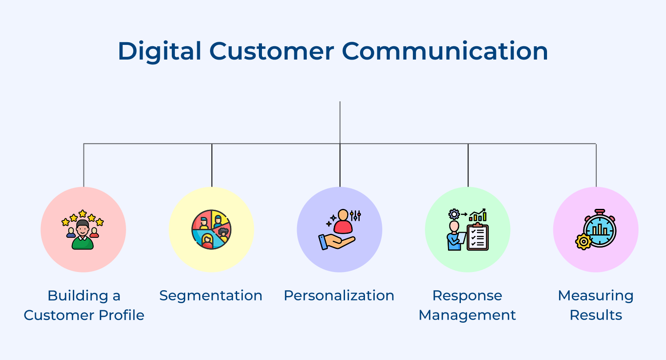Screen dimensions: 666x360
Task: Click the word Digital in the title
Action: tap(160, 52)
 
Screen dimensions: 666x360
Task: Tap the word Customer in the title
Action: tap(272, 51)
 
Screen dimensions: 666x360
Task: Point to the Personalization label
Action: tap(339, 296)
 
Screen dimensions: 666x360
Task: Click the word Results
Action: tap(596, 315)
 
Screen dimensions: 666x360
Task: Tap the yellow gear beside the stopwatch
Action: tap(584, 242)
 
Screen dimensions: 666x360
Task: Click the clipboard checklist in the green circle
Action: tap(477, 237)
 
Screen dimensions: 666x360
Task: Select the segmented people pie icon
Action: tap(211, 229)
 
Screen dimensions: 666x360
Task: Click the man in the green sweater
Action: tap(83, 235)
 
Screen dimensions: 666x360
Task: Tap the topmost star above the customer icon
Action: tap(83, 213)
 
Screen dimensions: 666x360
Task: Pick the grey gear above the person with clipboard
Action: tap(454, 214)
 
